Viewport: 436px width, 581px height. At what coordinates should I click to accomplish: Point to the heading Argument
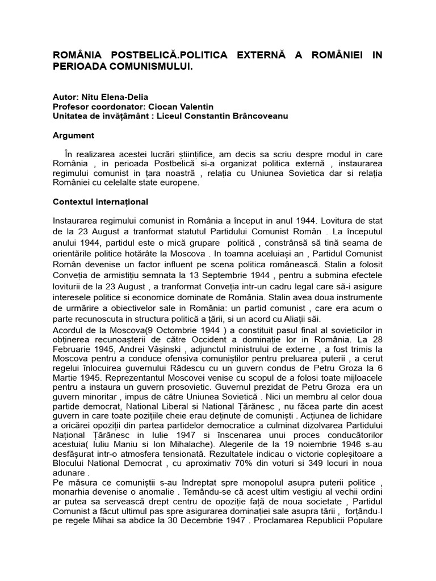[x=74, y=136]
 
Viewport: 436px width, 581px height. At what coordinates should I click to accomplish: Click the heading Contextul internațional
[x=100, y=201]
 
